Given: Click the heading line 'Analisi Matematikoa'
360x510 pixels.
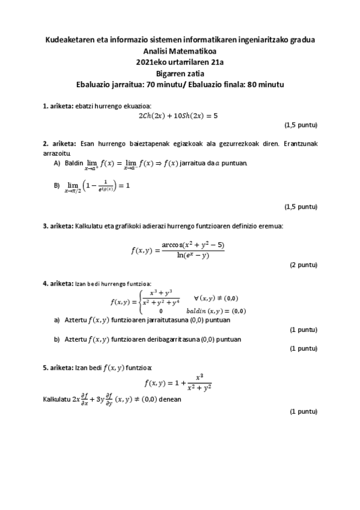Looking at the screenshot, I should (180, 51).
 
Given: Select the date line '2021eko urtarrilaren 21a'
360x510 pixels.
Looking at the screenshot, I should (180, 62).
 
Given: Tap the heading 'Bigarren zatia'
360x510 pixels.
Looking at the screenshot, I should (180, 73).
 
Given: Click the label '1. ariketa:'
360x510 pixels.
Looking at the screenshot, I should (57, 106).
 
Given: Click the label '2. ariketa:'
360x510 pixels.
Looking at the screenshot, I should (59, 143).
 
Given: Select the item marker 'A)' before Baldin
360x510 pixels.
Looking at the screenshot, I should (57, 163).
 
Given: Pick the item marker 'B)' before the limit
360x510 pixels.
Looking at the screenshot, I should (57, 185).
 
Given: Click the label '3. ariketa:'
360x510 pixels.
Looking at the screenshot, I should (57, 226).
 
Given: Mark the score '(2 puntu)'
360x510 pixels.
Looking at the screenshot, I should (303, 265).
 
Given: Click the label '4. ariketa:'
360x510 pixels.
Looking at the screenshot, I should (57, 283).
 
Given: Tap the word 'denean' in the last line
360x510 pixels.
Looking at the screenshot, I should (169, 399).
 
